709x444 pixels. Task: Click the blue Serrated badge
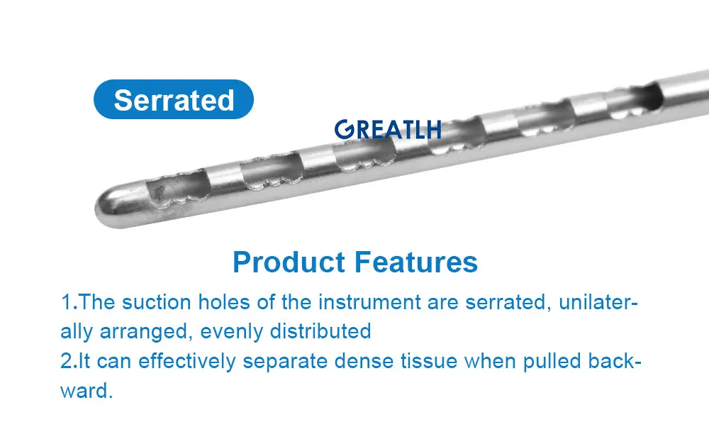174,99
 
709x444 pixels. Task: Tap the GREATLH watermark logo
388,129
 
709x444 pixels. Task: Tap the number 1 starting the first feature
65,302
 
